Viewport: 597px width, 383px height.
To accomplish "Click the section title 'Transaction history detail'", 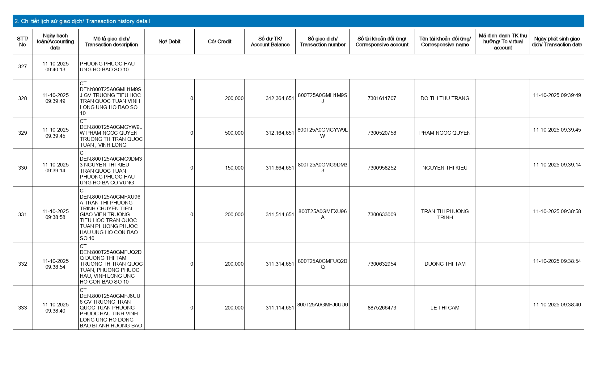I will [x=82, y=21].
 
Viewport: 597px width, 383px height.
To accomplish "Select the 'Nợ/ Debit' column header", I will [x=169, y=42].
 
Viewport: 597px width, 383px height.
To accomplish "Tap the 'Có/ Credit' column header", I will [x=219, y=42].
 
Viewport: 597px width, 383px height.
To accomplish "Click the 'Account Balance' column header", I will [x=270, y=42].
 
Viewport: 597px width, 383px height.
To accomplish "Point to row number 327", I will [x=23, y=67].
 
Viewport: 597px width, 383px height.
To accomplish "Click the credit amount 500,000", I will [x=234, y=133].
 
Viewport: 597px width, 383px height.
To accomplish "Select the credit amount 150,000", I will [x=234, y=168].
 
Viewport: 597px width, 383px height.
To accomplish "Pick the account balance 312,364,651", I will [x=280, y=99].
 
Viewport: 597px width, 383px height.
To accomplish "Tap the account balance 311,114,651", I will [x=280, y=308].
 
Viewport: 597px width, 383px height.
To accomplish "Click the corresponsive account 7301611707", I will [x=382, y=99].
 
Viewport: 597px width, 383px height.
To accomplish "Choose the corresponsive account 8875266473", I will [x=382, y=308].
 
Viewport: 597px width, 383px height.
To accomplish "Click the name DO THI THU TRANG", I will [x=445, y=99].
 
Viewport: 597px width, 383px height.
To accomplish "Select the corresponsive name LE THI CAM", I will [x=445, y=308].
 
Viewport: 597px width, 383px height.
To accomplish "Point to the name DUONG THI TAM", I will [x=445, y=264].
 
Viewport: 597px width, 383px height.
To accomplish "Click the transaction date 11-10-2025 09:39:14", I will [x=557, y=165].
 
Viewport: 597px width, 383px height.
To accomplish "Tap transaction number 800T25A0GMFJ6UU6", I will [x=322, y=305].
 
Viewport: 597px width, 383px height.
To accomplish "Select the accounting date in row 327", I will [x=56, y=67].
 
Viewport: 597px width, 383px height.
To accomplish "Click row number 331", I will [x=23, y=215].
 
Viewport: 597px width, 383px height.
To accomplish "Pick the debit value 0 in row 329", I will [x=192, y=133].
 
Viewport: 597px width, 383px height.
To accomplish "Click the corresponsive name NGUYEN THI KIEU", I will [x=445, y=168].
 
